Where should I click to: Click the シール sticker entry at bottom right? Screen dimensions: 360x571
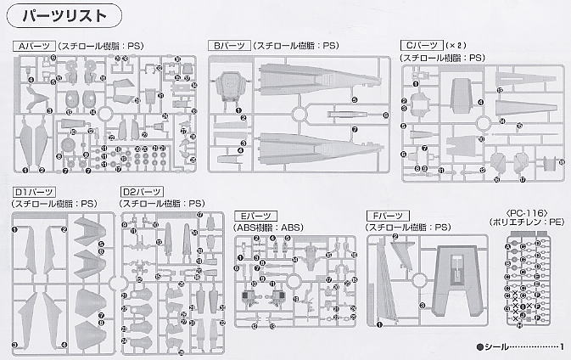pos(500,346)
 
